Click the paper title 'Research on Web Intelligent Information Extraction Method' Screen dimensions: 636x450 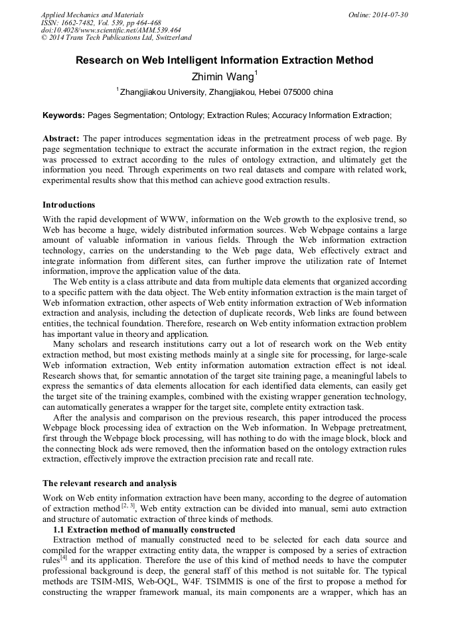coord(224,60)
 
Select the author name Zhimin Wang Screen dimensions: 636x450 coord(221,76)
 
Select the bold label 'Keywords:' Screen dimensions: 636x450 coord(64,115)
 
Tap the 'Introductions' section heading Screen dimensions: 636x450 coord(69,205)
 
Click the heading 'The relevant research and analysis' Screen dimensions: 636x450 coord(110,483)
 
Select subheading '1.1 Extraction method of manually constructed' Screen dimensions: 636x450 coord(143,530)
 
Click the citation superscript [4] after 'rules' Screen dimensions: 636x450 coord(64,558)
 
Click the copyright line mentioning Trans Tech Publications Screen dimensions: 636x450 coord(116,38)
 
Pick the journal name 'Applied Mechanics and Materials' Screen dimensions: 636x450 coord(92,15)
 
